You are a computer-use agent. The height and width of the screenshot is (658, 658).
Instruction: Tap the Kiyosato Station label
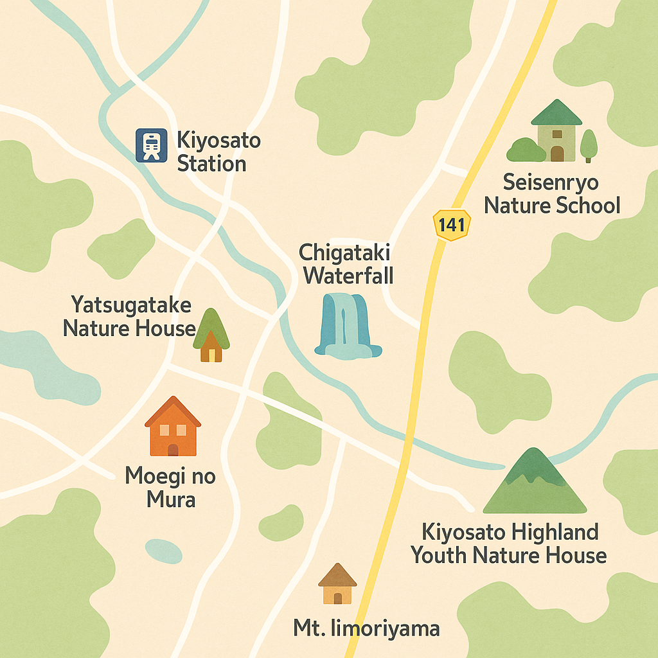tap(211, 152)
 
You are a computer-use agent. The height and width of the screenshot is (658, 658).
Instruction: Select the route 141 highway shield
tap(452, 224)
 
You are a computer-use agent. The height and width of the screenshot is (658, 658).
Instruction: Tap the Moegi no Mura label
tap(170, 487)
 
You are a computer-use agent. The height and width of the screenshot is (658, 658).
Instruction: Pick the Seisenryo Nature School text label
tap(551, 193)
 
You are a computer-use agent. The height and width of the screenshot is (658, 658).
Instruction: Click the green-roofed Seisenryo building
tap(556, 131)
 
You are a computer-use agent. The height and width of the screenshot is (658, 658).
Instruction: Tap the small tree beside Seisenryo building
tap(589, 145)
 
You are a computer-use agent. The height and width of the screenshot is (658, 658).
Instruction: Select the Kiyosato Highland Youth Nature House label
tap(509, 543)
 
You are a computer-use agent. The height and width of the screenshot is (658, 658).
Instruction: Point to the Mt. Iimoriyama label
tap(366, 628)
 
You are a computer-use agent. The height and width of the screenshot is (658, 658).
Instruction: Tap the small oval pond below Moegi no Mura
tap(163, 551)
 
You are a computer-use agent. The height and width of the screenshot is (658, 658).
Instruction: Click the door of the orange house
tap(173, 449)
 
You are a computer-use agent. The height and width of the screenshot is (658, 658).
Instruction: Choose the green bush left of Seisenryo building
tap(526, 150)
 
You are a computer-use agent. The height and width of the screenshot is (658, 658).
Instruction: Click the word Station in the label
tap(211, 163)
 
